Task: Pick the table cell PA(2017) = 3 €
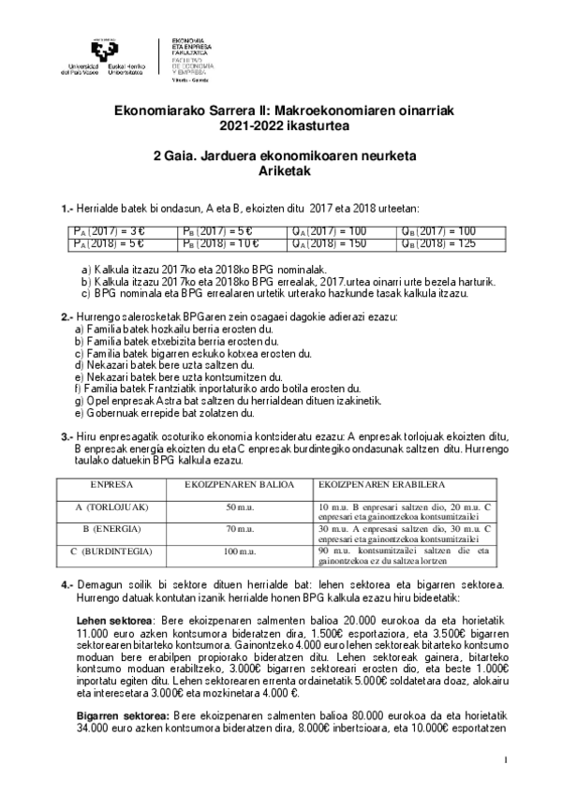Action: click(108, 231)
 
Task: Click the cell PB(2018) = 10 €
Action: click(212, 243)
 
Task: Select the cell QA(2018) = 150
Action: click(328, 243)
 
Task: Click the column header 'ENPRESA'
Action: click(111, 486)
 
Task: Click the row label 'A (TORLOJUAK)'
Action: click(111, 506)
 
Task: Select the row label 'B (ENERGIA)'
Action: click(111, 529)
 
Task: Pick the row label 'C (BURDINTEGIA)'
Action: click(111, 551)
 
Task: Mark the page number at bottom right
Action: click(505, 758)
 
